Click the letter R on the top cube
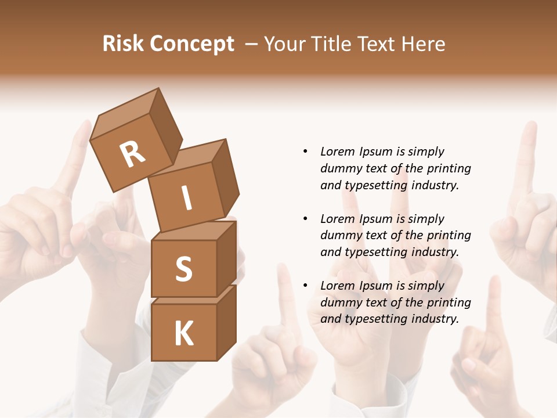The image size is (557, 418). click(x=132, y=154)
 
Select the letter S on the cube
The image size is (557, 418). click(x=183, y=269)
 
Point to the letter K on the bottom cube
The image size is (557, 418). click(x=183, y=334)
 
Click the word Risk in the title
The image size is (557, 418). click(x=122, y=44)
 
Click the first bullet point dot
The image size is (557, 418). click(x=306, y=152)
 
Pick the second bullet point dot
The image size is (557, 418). click(x=306, y=219)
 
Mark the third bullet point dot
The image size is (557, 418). click(x=306, y=286)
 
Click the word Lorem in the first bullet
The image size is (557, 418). click(x=338, y=152)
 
